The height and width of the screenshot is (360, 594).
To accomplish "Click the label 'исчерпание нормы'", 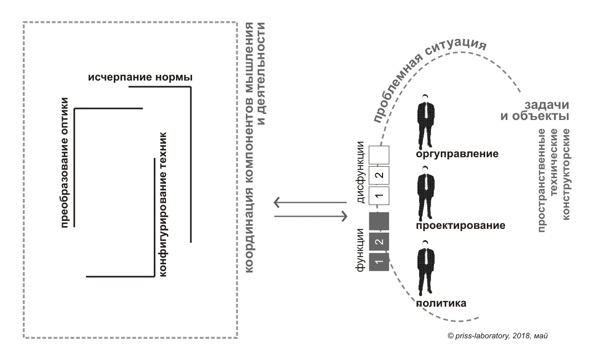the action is (140, 77).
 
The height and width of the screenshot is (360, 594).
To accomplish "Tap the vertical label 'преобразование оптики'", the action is (64, 163).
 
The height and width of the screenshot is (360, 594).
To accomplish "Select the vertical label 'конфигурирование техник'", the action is (163, 204).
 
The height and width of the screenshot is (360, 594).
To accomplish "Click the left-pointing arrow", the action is (310, 202).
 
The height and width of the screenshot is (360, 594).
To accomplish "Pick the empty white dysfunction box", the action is (379, 155).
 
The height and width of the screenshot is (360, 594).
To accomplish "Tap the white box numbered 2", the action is (379, 176).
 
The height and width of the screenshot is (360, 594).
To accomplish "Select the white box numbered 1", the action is (379, 196).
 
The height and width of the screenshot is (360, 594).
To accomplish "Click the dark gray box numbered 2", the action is (379, 242).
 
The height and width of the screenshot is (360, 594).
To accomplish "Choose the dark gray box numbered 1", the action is (379, 262).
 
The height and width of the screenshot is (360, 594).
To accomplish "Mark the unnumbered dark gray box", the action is (379, 221).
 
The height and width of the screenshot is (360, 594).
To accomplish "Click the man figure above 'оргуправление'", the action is (426, 121).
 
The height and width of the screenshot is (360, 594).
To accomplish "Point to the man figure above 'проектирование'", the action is (426, 197).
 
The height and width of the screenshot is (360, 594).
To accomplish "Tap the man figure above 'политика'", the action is (426, 268).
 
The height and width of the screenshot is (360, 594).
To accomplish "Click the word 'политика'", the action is (441, 303).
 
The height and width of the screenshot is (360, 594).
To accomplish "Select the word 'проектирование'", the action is (461, 226).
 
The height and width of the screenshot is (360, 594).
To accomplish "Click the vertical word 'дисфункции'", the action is (361, 172).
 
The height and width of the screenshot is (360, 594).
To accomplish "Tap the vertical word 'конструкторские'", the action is (566, 174).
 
